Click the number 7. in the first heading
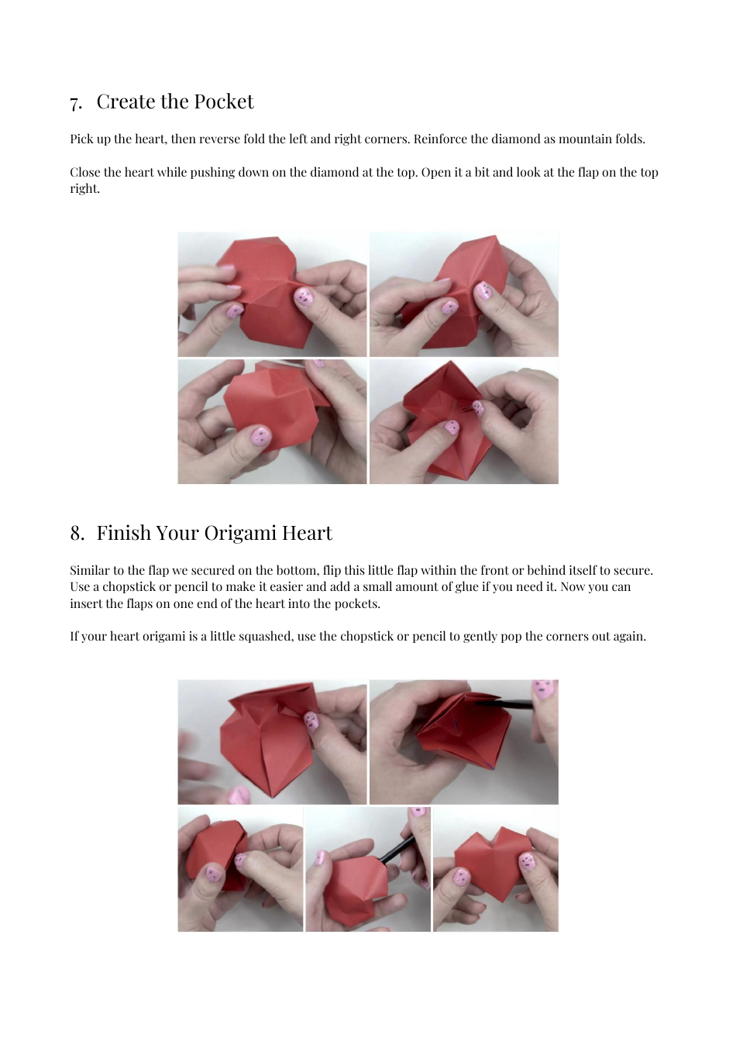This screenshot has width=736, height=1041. (x=76, y=103)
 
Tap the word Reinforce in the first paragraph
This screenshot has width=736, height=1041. (x=440, y=139)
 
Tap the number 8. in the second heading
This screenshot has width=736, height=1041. (x=77, y=534)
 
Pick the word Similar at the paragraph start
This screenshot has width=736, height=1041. (x=90, y=571)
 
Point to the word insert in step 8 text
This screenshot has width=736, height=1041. (x=86, y=604)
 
